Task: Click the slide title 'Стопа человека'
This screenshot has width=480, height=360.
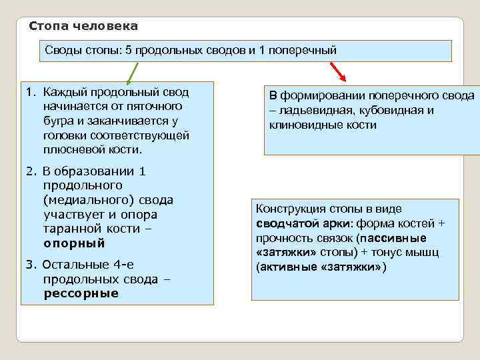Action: pyautogui.click(x=84, y=27)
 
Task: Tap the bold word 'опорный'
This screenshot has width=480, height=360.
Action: pyautogui.click(x=75, y=243)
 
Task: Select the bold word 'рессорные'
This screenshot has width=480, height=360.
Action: pyautogui.click(x=81, y=293)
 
